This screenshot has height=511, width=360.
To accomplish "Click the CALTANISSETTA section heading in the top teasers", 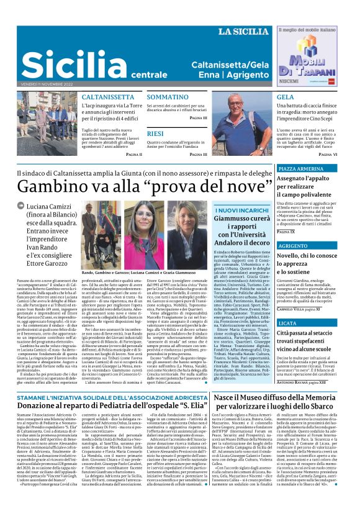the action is pos(109,97).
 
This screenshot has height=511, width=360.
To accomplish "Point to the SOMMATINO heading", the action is pos(168,97).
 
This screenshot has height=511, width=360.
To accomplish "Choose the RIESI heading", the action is pos(156,133).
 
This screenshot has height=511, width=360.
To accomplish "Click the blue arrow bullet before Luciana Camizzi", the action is pos(21,206).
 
